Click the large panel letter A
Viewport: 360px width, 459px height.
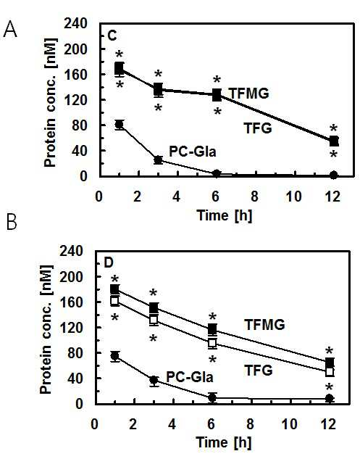pos(10,30)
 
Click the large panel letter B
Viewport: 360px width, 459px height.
pos(11,223)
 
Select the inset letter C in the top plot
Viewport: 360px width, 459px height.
pos(112,36)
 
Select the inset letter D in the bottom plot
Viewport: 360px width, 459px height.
pos(109,263)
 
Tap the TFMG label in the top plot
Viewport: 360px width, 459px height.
pos(249,94)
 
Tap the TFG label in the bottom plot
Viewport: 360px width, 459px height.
pos(258,371)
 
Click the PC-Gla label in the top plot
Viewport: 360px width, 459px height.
pos(193,152)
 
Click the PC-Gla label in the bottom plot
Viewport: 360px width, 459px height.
pos(190,377)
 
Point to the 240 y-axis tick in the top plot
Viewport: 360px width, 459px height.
pos(76,23)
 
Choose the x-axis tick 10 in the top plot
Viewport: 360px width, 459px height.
pos(294,197)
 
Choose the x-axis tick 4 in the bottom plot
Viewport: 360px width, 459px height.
pos(172,424)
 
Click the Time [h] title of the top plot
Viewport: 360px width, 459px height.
pos(225,215)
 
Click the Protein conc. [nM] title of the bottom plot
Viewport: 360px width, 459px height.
pos(46,330)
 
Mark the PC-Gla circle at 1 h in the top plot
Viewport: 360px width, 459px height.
pos(119,125)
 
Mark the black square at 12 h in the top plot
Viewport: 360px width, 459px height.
pos(334,141)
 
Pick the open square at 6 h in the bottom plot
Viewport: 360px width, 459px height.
pos(213,342)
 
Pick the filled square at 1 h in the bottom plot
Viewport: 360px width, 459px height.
pos(115,289)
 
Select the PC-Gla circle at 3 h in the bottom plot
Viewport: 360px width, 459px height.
pos(154,380)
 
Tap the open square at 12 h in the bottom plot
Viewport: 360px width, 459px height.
pos(330,372)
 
